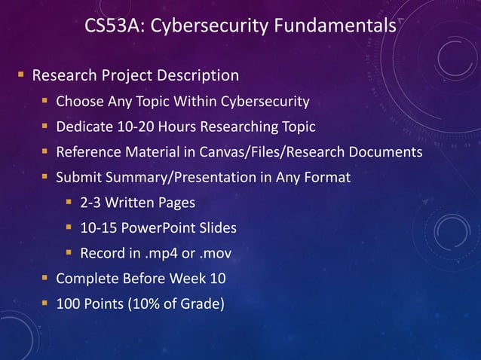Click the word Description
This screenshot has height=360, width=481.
[198, 75]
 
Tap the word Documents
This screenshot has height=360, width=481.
[385, 152]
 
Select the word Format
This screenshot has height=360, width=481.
[328, 178]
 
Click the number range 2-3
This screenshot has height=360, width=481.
[92, 203]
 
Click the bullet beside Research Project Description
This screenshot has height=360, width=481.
[21, 75]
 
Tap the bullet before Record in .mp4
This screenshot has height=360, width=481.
[69, 254]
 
